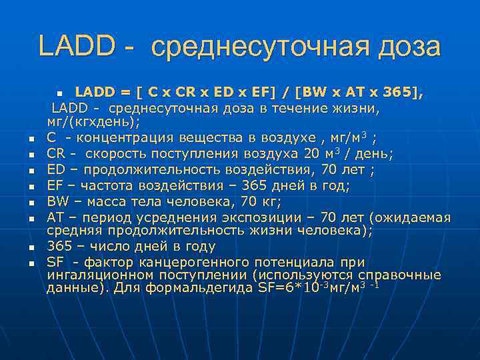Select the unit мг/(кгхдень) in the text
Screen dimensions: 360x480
tap(93, 123)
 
